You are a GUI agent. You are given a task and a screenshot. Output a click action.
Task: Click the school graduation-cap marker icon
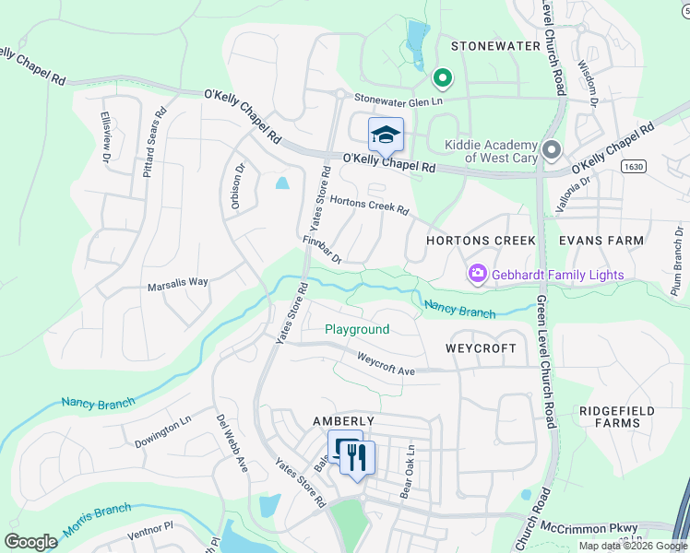coord(386,135)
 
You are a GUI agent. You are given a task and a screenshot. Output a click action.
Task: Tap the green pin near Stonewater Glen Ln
coord(442,79)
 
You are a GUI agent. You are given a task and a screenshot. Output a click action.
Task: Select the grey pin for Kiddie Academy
coord(552,149)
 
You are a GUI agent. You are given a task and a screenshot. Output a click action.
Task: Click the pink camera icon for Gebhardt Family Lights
coord(477,273)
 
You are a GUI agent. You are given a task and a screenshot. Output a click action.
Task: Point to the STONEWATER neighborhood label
coord(494,45)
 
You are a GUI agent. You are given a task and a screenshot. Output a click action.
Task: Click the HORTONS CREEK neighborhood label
coord(481,241)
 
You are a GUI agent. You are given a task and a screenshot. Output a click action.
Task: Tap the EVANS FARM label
coord(601,241)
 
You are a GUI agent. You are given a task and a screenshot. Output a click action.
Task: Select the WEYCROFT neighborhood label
coord(479,349)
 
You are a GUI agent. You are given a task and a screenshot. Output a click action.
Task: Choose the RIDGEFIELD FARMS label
coord(610,417)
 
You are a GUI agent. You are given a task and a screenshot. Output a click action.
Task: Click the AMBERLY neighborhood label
coord(343,420)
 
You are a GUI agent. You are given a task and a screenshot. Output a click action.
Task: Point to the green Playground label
coord(357,329)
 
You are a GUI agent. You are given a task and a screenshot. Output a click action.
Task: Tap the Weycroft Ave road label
coord(387,363)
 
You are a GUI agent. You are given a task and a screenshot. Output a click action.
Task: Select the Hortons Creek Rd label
coord(369,205)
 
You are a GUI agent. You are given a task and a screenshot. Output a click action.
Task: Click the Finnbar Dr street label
coord(322,250)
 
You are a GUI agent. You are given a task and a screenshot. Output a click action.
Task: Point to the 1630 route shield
coord(633,167)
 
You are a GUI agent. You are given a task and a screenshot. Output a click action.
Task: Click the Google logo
coord(30,542)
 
